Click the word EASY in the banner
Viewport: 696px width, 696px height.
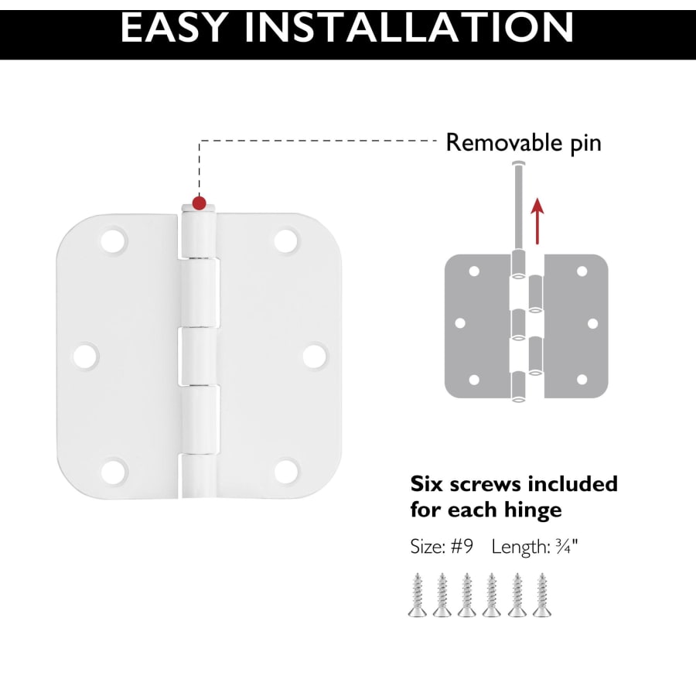coord(174,28)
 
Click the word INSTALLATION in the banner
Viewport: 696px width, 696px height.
coord(409,28)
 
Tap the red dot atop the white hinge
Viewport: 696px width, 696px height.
coord(200,203)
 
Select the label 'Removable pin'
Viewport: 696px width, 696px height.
coord(524,143)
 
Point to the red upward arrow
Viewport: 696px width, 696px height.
coord(537,221)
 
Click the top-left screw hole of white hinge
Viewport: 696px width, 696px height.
coord(114,240)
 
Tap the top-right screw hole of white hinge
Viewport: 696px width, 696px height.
coord(286,240)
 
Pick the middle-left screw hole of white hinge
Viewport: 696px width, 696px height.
coord(86,356)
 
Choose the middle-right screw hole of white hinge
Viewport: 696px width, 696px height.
coord(316,356)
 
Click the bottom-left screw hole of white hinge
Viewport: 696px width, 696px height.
coord(114,471)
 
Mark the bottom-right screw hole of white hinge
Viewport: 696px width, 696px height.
coord(286,471)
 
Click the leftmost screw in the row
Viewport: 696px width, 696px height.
coord(418,595)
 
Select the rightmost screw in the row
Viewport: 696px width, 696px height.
coord(542,595)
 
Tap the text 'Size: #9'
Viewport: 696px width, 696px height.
coord(442,547)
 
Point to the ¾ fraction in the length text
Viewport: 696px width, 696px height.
coord(563,547)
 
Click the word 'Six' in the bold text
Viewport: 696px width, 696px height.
coord(427,484)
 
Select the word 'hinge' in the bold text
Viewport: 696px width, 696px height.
coord(533,510)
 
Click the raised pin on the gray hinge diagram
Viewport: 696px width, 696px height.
coord(518,206)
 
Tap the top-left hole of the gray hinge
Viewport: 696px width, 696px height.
coord(474,271)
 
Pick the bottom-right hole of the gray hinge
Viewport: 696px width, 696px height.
coord(582,380)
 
